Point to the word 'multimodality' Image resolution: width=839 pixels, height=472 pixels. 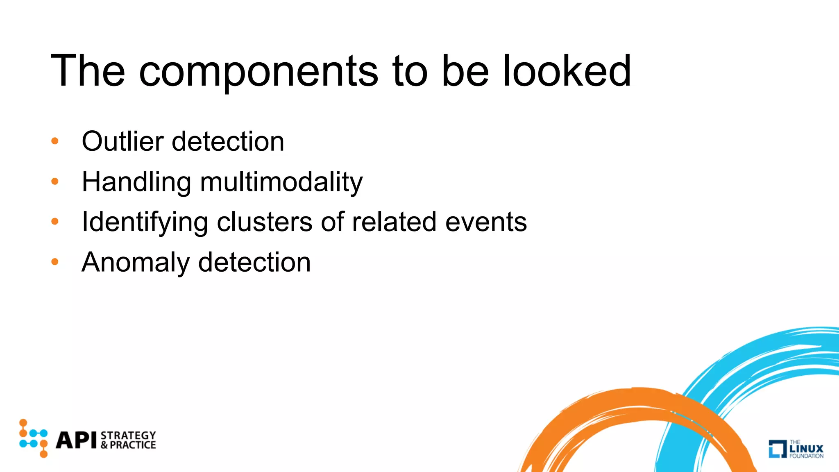pos(281,182)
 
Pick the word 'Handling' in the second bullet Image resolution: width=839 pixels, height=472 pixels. pos(136,182)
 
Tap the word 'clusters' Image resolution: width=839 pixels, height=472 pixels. pos(264,222)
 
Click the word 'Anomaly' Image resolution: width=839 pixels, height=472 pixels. pos(135,262)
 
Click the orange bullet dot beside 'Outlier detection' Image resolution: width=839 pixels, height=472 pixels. pos(55,141)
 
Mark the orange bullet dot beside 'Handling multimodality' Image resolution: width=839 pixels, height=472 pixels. pos(55,181)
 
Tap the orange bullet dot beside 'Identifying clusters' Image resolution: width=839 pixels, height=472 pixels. pos(55,222)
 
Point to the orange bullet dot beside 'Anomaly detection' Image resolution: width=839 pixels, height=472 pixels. pos(55,262)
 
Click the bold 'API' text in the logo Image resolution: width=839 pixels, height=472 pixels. pos(77,440)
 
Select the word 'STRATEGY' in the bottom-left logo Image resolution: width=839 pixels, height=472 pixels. pos(128,435)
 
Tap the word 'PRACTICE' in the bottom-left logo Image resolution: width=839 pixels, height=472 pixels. pos(133,445)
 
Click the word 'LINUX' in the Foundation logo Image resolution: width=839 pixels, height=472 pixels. pos(806,449)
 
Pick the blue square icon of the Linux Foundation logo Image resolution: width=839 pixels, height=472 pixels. pos(777,449)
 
